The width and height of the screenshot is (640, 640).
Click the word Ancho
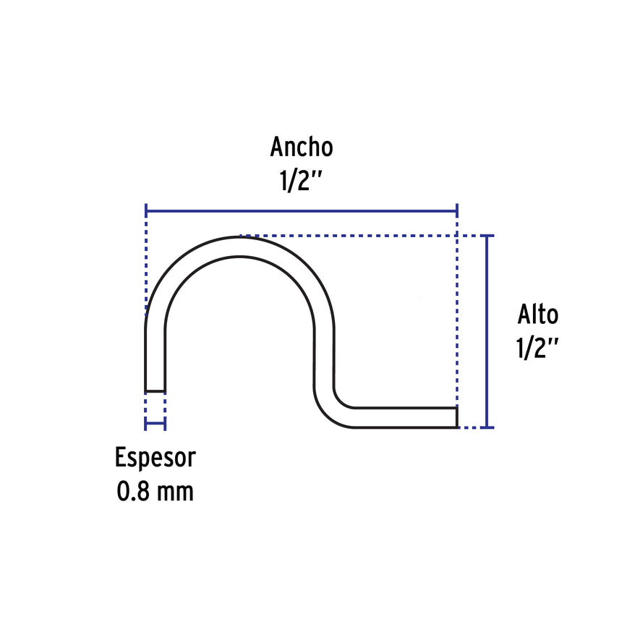(302, 147)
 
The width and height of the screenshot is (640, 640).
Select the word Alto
(538, 315)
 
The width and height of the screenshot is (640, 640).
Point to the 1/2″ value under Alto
(537, 348)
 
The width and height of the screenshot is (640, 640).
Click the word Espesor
(155, 458)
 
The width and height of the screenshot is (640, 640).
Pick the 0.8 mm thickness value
(155, 492)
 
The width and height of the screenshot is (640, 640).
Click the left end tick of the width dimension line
(146, 211)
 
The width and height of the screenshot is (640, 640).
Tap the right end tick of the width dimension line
(457, 211)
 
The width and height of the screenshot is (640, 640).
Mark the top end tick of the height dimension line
(487, 236)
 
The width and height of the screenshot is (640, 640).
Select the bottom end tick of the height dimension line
(487, 427)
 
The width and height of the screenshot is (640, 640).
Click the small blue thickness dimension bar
(155, 423)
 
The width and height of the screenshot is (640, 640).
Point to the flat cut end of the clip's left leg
(155, 391)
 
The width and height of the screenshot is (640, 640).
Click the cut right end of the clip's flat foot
(457, 417)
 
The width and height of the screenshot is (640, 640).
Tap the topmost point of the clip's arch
(239, 236)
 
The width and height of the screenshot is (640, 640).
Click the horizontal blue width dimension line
(302, 211)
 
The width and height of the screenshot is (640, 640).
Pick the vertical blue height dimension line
(487, 331)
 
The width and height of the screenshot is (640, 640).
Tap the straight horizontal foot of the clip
(405, 417)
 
